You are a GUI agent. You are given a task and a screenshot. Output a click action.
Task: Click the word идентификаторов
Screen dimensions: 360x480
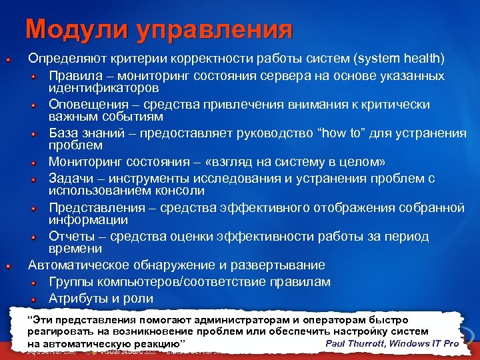click(x=103, y=87)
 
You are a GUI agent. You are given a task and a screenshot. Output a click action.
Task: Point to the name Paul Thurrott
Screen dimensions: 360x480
click(x=355, y=343)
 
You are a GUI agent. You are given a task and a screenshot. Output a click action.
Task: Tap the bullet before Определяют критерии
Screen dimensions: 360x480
click(x=7, y=60)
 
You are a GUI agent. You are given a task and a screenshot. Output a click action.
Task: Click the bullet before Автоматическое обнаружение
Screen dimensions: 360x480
click(x=7, y=266)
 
